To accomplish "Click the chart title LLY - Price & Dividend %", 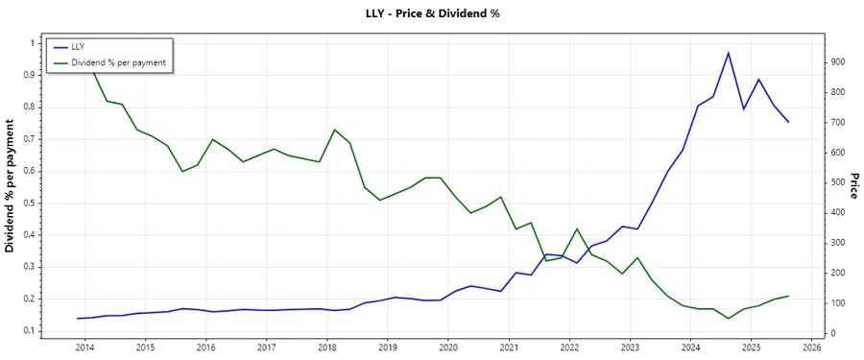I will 433,13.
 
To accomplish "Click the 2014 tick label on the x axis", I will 84,348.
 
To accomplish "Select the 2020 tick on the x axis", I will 448,348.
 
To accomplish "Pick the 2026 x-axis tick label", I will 811,348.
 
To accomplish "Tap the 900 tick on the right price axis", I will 839,62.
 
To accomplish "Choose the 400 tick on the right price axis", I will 839,213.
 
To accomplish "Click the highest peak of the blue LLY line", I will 728,53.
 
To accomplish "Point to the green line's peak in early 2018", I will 334,130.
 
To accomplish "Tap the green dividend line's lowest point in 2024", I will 728,318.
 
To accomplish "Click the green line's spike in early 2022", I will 577,228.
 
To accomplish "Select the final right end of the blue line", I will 788,122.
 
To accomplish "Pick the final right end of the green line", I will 788,297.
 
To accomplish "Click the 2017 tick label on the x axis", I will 267,348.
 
